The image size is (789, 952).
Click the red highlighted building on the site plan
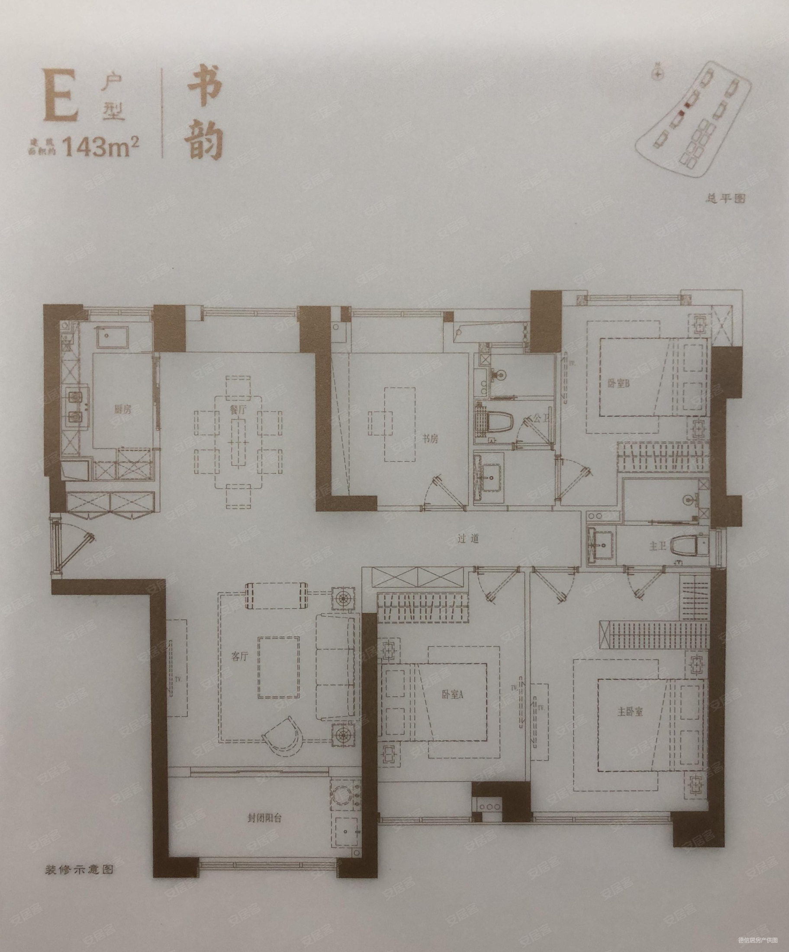(x=689, y=105)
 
